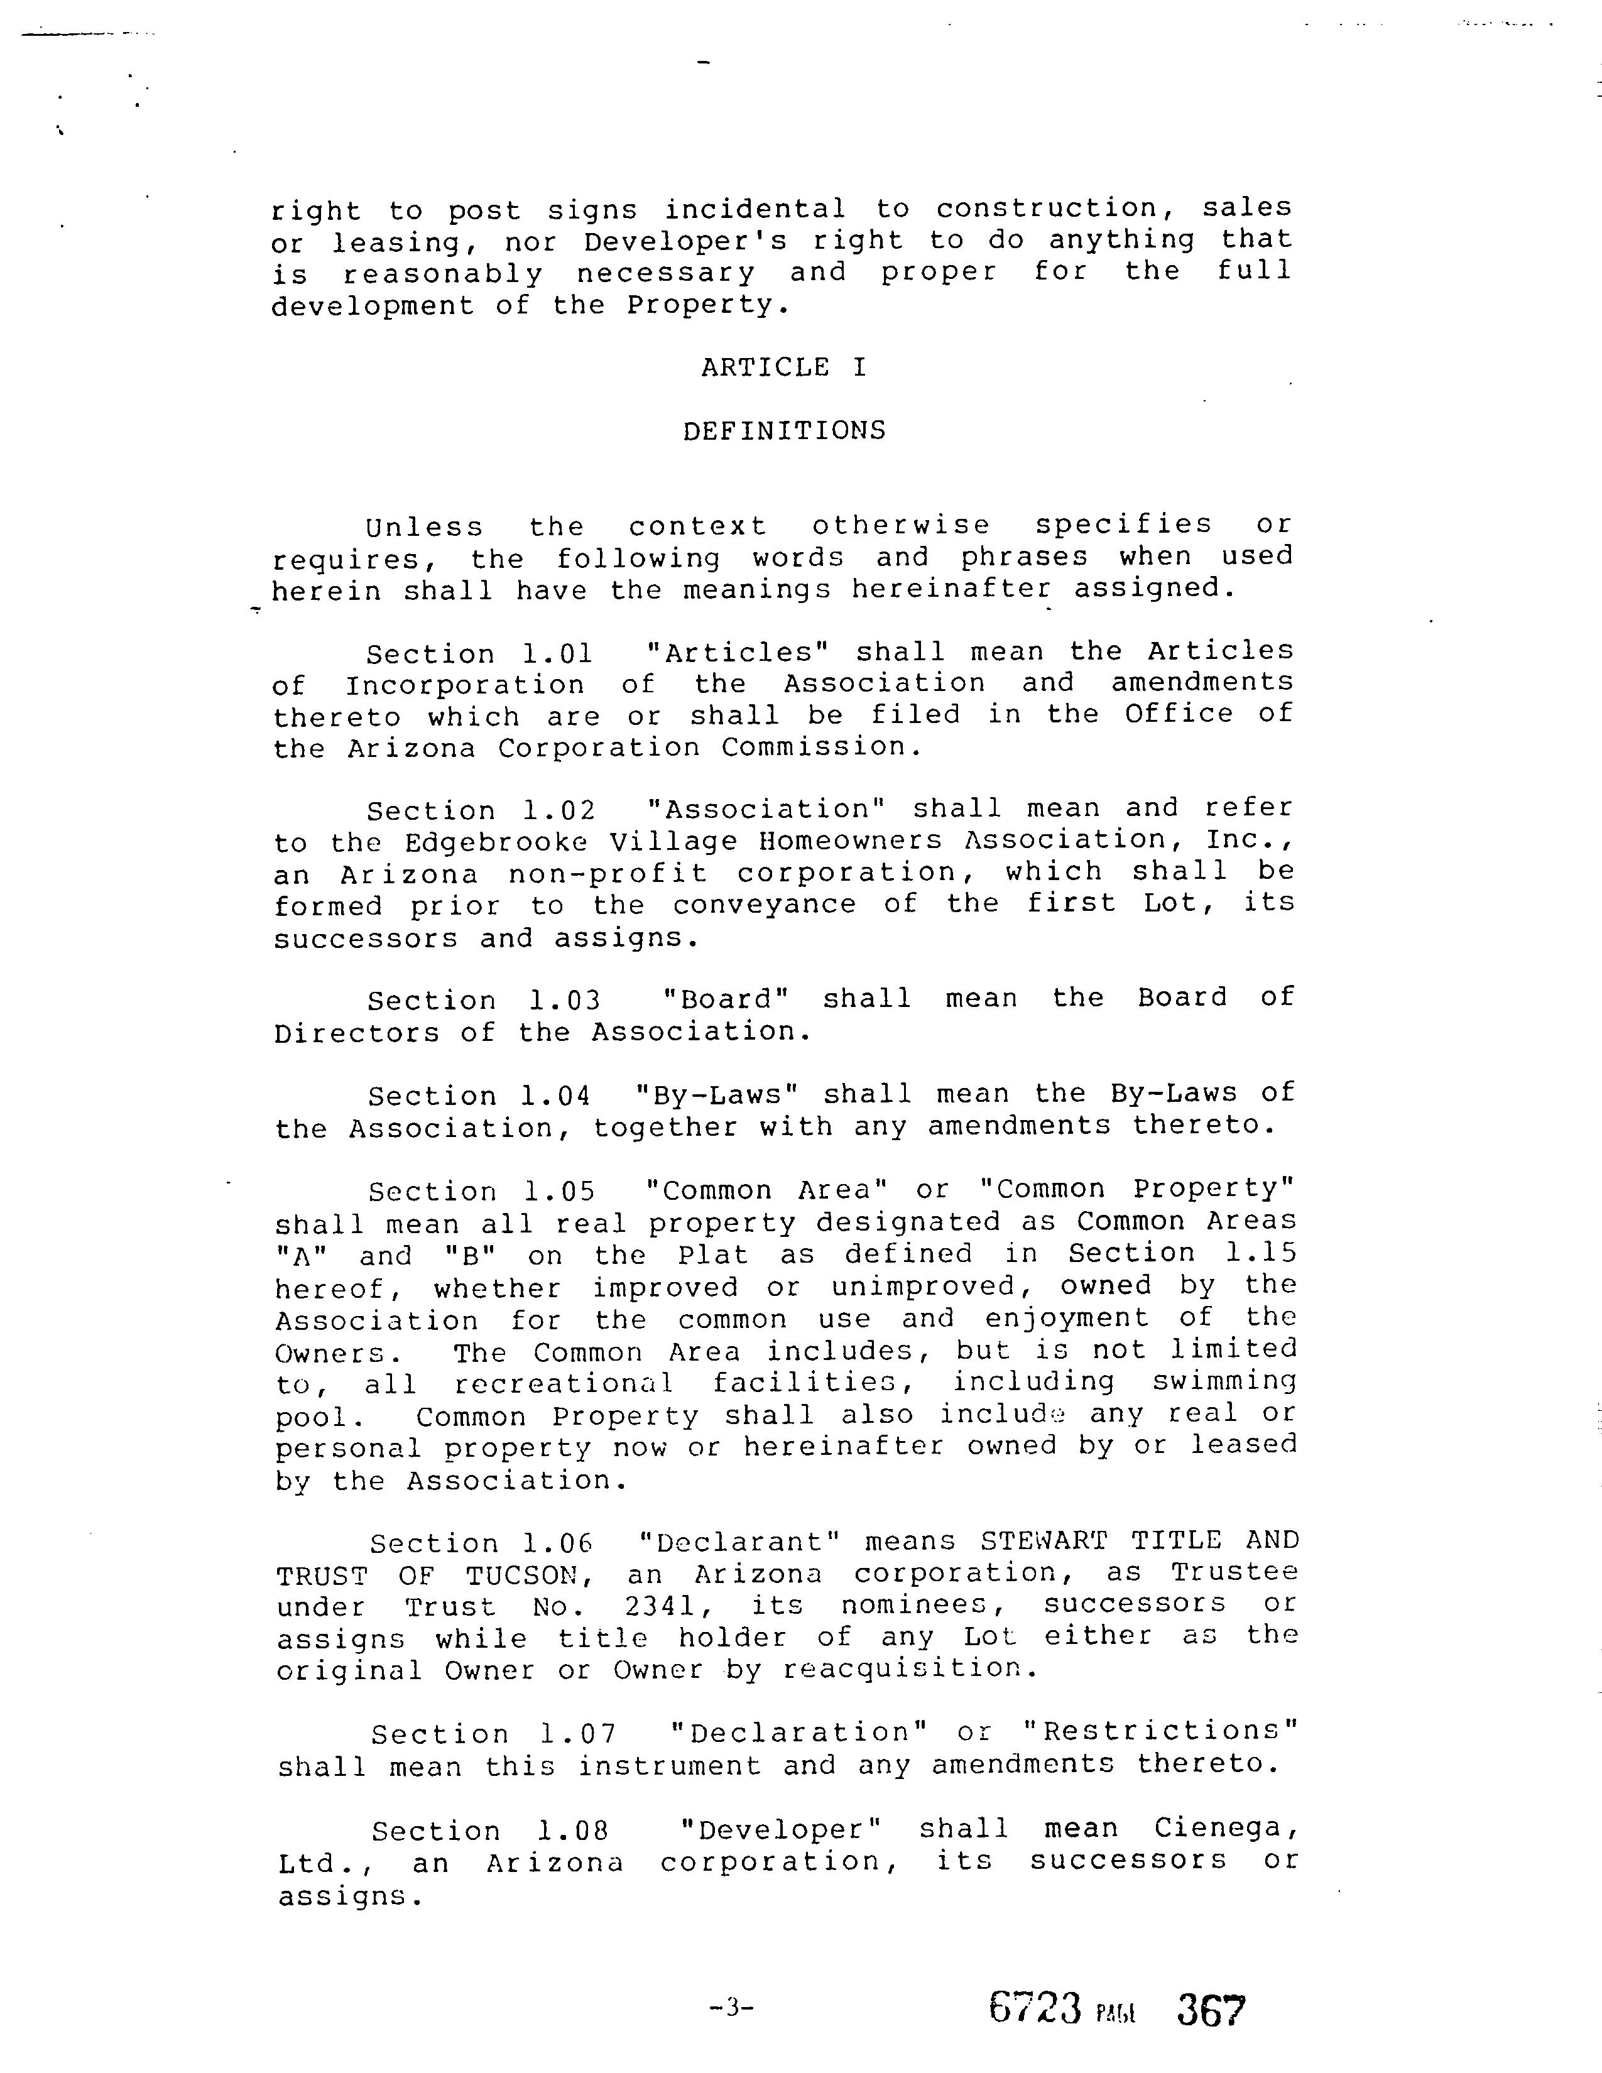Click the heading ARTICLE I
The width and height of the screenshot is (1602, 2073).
[784, 367]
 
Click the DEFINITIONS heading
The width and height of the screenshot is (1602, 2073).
[784, 431]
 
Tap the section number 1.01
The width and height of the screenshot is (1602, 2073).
[557, 654]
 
